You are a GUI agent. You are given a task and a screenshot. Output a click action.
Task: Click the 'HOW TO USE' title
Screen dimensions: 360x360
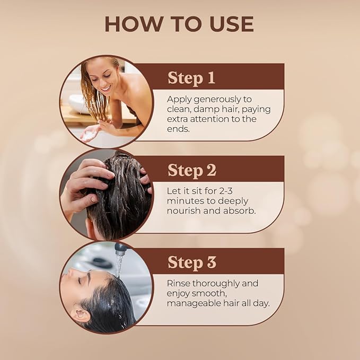[179, 24]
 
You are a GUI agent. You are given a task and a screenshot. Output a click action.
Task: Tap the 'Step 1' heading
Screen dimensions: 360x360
[191, 78]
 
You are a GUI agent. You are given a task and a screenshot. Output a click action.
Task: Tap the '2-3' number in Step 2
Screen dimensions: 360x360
[226, 191]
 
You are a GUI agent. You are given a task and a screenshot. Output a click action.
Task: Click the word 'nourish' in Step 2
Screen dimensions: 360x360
[184, 211]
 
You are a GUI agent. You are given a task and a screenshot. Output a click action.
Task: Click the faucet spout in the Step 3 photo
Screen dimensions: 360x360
[121, 248]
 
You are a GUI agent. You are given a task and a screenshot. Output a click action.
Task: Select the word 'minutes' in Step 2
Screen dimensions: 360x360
[184, 201]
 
